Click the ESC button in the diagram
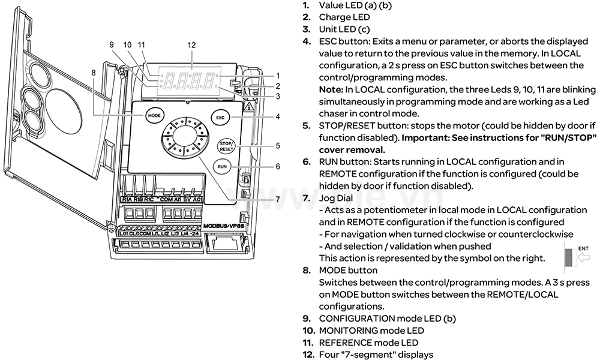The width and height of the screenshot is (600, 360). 220,118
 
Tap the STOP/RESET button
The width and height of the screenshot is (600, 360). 225,146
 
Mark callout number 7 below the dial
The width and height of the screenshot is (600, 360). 277,199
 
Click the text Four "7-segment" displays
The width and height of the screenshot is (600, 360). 376,354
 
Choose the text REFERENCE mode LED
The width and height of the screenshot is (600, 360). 368,342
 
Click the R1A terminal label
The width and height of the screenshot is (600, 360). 127,199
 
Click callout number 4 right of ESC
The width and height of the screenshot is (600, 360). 278,116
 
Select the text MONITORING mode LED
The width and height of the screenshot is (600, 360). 371,330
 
